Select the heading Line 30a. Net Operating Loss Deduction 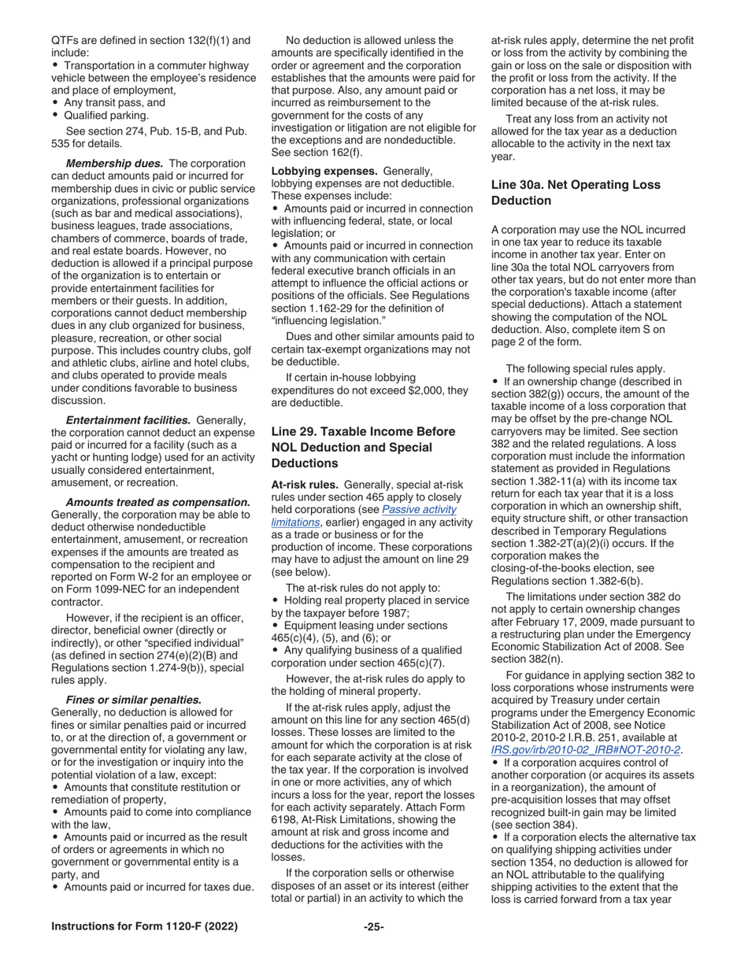[x=576, y=193]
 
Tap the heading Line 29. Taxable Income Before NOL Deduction [x=363, y=447]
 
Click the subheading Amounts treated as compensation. [x=157, y=502]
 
